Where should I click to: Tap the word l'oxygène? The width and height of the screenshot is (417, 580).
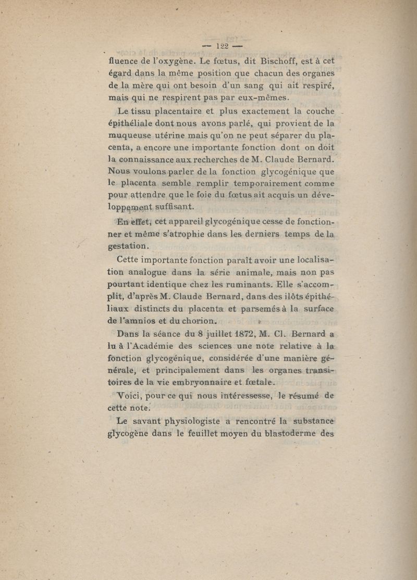pos(174,60)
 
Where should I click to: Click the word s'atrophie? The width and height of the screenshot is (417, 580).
pos(173,235)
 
